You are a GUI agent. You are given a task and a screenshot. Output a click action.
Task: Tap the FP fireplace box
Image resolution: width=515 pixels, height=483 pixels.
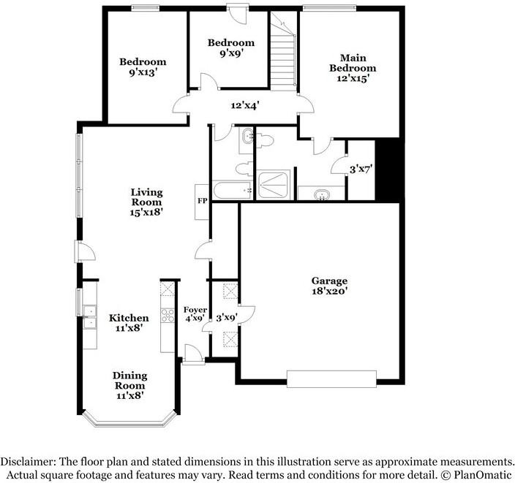pos(201,199)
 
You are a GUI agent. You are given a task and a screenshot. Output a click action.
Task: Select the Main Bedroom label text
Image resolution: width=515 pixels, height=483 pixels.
pos(357,68)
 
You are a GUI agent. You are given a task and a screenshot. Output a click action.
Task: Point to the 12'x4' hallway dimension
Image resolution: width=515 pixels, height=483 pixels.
pos(245,106)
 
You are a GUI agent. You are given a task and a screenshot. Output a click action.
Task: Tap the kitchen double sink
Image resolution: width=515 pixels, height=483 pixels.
pos(89,316)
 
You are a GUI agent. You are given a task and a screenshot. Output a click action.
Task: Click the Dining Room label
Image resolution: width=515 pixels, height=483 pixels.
pos(129,385)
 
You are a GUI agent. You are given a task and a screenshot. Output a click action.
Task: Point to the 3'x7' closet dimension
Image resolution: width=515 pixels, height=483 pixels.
pos(362,169)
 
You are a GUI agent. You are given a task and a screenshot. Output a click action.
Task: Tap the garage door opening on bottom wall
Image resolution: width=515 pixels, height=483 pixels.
pos(331,378)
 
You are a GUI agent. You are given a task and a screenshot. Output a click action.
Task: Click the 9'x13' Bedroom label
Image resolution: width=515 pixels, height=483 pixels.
pos(143,67)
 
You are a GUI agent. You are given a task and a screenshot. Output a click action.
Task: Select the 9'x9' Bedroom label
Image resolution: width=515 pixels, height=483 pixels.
pos(230,47)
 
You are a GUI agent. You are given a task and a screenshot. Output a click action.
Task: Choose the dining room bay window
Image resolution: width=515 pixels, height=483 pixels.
pos(129,421)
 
